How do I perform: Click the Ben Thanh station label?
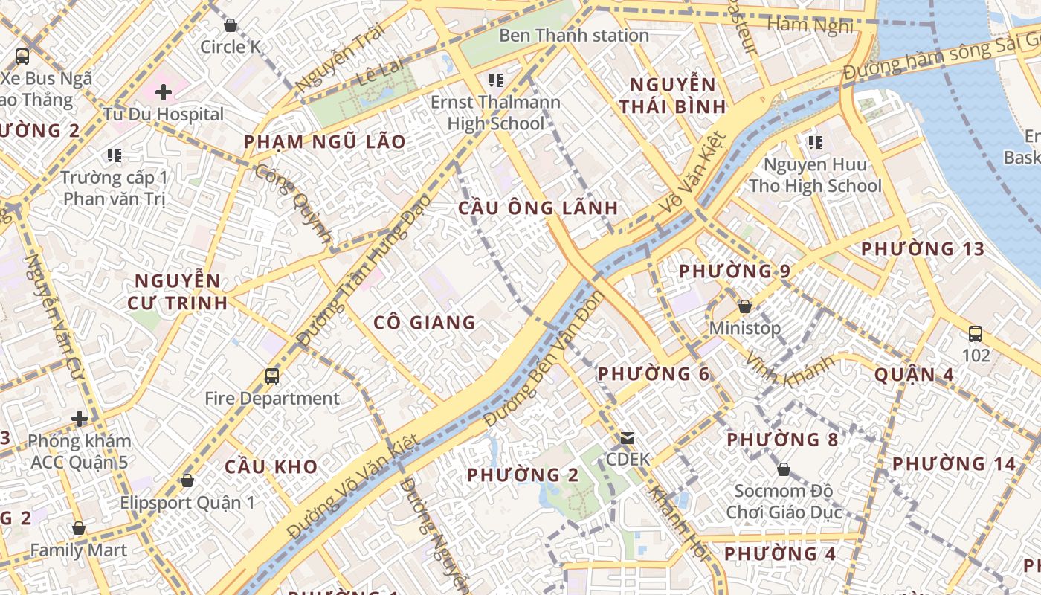coord(573,35)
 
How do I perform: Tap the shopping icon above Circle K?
coord(231,25)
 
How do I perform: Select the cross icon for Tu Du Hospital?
coord(164,92)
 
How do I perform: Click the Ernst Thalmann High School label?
coord(496,112)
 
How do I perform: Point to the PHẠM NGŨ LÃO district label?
coord(325,142)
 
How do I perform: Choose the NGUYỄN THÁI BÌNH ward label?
coord(672,95)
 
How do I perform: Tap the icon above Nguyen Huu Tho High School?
coord(815,141)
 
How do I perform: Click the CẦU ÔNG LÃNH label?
coord(538,208)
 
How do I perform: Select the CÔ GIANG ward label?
coord(424,322)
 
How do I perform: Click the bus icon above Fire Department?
coord(272,376)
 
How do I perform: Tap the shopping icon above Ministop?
coord(744,306)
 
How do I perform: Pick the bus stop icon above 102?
coord(976,333)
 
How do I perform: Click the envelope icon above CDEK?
coord(628,438)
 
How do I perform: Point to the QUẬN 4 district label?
coord(914,374)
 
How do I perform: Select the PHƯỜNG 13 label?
coord(922,249)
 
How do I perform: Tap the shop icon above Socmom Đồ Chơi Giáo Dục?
coord(783,469)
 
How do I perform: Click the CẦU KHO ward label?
coord(271,467)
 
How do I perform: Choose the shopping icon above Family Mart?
coord(79,528)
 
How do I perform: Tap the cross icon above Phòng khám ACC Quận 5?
coord(80,419)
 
